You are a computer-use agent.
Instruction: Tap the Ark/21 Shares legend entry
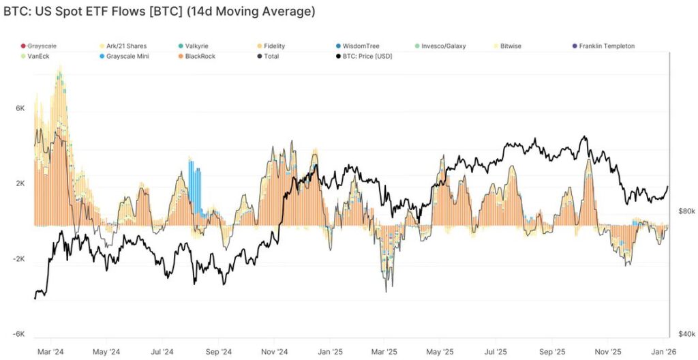pos(125,46)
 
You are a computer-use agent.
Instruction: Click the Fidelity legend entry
pos(273,46)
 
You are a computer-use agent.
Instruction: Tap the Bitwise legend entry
pos(512,46)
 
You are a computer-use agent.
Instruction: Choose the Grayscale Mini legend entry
pos(127,56)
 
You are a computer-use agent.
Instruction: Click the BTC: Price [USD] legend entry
pos(368,56)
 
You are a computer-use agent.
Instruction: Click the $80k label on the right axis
pos(686,211)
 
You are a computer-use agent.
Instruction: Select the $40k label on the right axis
pos(686,334)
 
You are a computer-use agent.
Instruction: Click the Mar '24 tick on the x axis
pos(50,352)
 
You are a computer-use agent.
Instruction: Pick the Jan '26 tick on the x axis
pos(663,352)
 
